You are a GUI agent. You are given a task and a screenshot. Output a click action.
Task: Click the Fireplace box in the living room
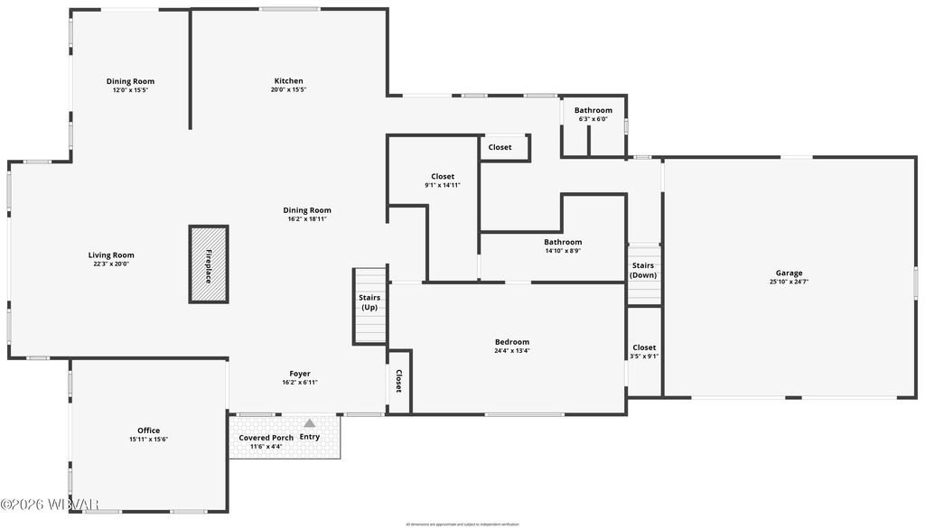209,264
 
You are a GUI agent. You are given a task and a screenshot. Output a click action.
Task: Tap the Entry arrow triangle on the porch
310,422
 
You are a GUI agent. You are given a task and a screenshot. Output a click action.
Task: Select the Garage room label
789,273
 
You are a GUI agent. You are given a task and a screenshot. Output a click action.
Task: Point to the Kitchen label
289,80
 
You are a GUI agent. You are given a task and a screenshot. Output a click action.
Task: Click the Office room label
148,431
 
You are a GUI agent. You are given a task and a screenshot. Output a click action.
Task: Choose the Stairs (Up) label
369,302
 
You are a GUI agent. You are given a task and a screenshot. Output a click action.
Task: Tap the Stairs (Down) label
643,270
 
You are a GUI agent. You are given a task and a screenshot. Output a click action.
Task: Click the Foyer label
300,374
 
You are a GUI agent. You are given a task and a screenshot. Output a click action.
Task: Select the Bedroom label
511,341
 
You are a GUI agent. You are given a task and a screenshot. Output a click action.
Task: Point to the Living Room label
111,255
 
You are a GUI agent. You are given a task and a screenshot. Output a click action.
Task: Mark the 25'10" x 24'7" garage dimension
789,282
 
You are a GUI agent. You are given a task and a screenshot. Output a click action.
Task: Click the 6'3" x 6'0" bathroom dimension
593,119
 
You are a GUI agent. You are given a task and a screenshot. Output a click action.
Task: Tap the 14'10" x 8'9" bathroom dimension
563,251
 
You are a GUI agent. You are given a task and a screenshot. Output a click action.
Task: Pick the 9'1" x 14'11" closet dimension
443,185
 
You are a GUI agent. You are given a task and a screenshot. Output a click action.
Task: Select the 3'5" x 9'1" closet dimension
644,356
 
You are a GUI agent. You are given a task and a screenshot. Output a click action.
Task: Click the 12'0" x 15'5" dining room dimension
130,90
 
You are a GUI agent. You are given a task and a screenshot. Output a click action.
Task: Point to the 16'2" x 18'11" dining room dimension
307,219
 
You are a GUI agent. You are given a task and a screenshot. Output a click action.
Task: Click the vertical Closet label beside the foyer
398,382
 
